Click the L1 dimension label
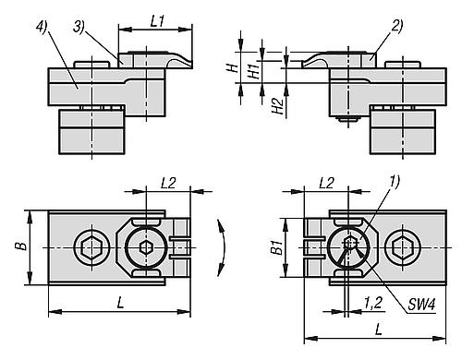[x=156, y=19]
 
